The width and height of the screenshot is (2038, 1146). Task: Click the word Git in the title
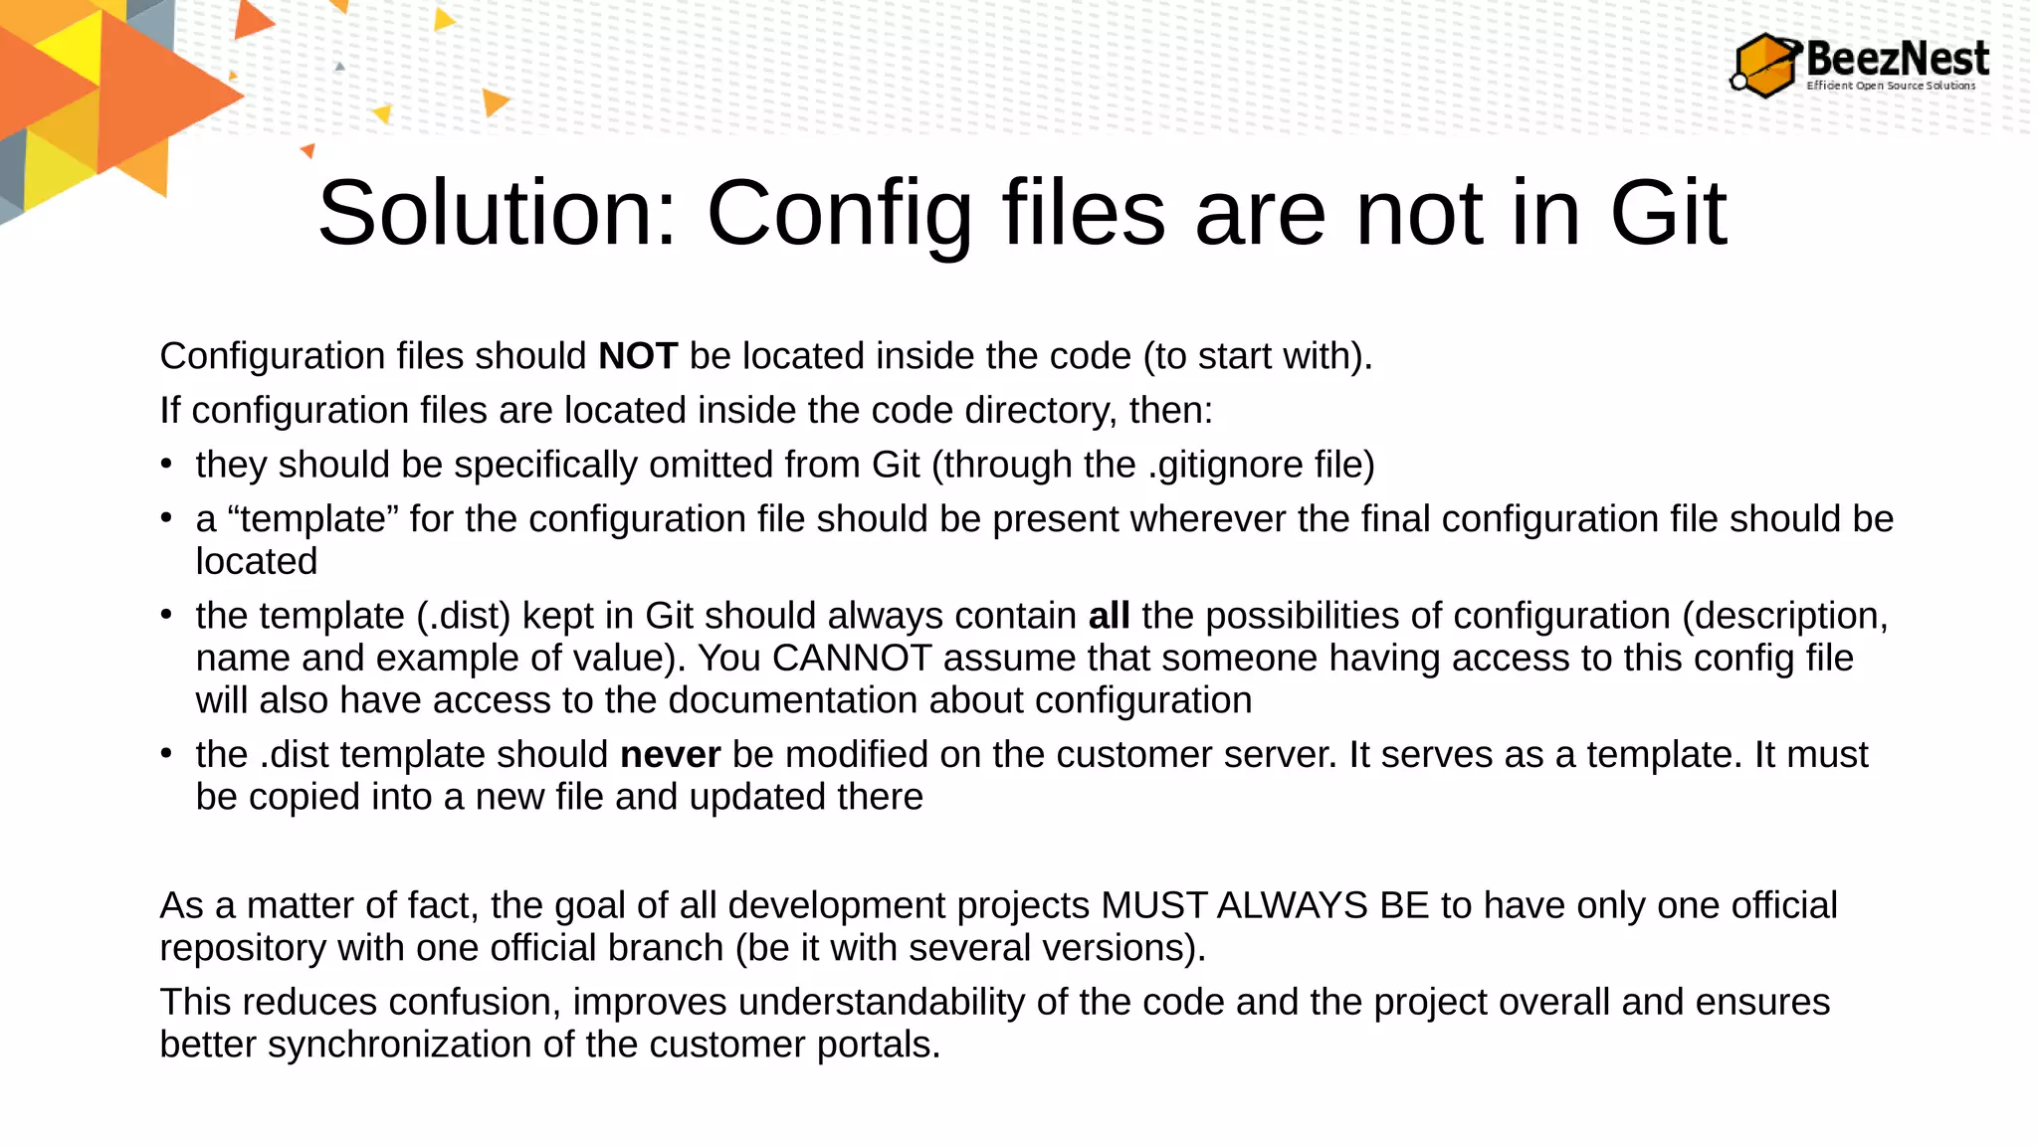(x=1668, y=213)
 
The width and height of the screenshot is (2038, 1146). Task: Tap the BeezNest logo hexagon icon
(x=1766, y=66)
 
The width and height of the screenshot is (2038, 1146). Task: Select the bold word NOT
(x=638, y=356)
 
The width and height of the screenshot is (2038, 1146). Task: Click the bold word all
(x=1109, y=616)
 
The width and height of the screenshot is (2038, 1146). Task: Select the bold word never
(x=670, y=755)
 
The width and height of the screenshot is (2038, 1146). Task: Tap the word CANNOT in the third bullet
(x=851, y=659)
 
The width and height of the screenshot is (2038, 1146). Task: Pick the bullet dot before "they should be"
(x=166, y=465)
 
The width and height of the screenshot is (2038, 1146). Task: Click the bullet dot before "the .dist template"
(x=166, y=754)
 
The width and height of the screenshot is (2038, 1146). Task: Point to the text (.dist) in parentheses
(x=464, y=616)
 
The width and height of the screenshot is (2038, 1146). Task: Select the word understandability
(x=881, y=1002)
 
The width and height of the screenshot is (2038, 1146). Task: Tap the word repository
(x=243, y=948)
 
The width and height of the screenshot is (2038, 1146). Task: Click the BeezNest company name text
(x=1897, y=58)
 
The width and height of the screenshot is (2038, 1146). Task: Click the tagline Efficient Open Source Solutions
(x=1891, y=86)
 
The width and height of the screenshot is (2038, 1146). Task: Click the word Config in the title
(x=839, y=213)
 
